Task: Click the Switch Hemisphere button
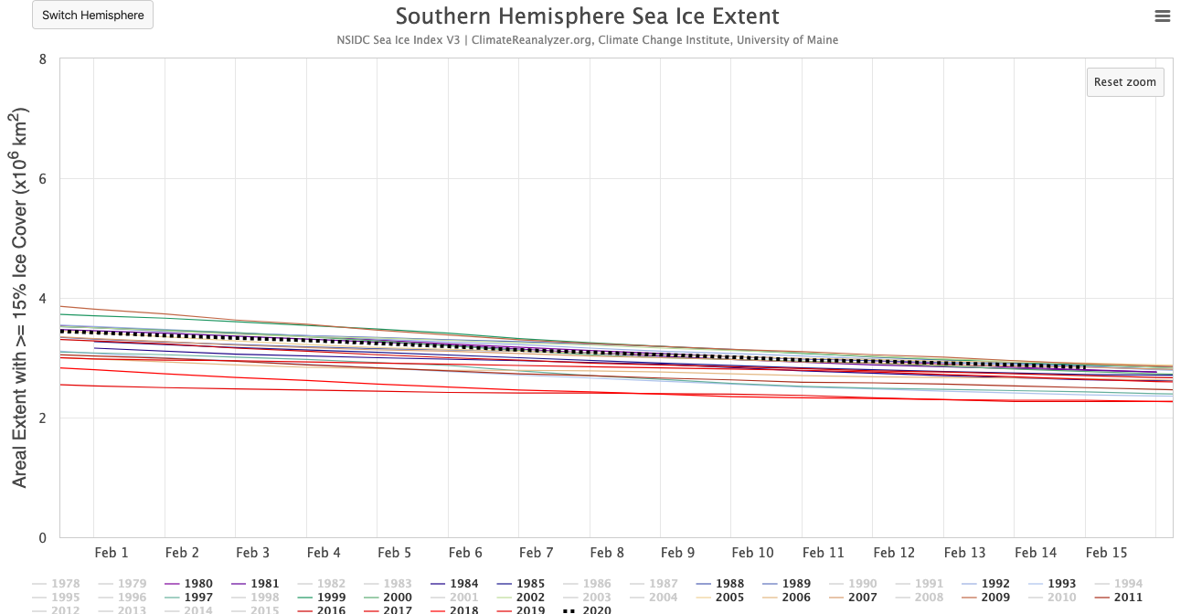pyautogui.click(x=92, y=16)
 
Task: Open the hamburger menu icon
pyautogui.click(x=1163, y=16)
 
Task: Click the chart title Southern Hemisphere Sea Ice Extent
pyautogui.click(x=587, y=16)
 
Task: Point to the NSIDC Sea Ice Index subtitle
pyautogui.click(x=587, y=40)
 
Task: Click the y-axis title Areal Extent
pyautogui.click(x=20, y=298)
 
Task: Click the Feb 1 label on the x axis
pyautogui.click(x=112, y=553)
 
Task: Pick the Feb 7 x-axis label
pyautogui.click(x=536, y=553)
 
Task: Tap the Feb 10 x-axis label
pyautogui.click(x=752, y=553)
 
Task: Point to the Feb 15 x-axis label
pyautogui.click(x=1106, y=553)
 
